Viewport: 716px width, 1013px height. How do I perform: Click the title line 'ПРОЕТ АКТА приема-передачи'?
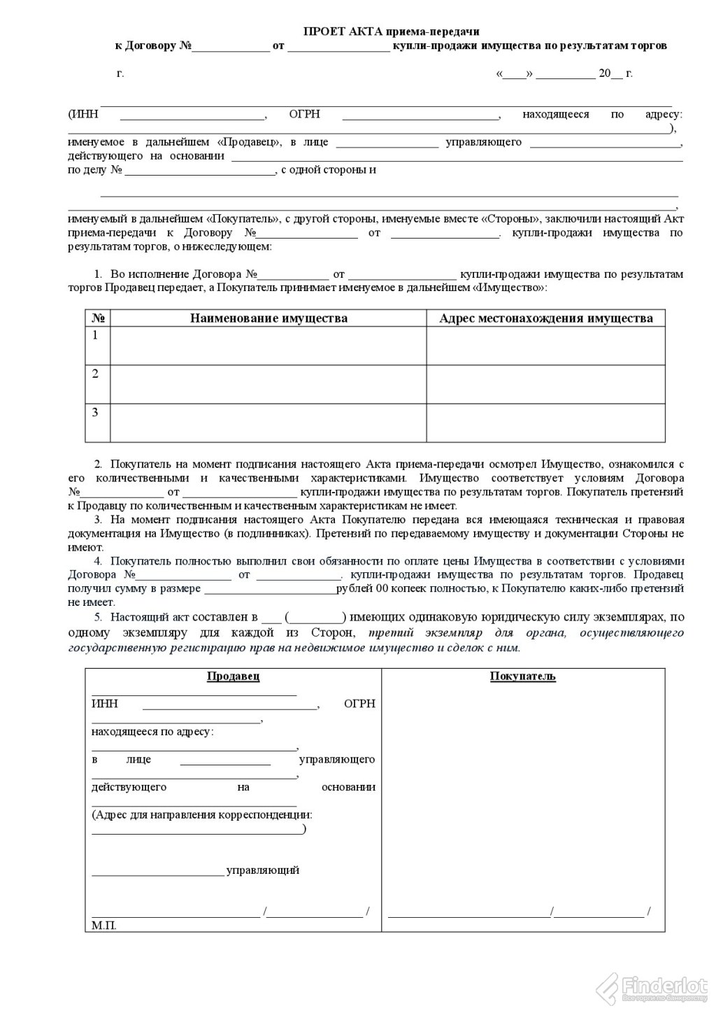[391, 31]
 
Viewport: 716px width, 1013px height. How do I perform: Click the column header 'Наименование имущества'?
[268, 318]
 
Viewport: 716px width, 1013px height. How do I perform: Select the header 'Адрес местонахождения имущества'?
[546, 318]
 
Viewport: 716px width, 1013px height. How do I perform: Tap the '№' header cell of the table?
[98, 318]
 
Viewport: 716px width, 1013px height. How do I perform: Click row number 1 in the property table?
[96, 335]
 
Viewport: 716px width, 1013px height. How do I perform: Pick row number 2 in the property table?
[96, 374]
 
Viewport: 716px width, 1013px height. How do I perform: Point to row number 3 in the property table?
[96, 412]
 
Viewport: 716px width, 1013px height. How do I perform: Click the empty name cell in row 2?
[268, 384]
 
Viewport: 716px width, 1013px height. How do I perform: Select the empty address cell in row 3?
[546, 423]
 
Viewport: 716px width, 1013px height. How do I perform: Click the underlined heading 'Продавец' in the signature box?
[234, 676]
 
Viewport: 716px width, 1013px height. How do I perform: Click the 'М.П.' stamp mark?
[104, 925]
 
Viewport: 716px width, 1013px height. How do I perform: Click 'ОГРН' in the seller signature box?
[359, 703]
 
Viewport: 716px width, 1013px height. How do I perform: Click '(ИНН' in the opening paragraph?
[83, 115]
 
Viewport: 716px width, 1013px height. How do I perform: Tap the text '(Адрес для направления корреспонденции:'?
[202, 815]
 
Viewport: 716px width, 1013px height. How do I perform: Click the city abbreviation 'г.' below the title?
[120, 73]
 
